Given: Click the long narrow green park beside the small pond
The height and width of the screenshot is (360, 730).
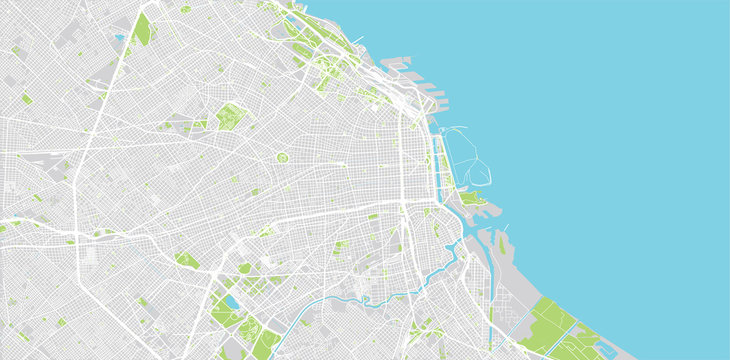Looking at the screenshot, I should coord(143,30).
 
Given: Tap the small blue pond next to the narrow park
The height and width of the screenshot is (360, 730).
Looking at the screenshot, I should coord(121,37).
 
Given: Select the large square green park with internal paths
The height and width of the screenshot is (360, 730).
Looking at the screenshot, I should coord(231,117).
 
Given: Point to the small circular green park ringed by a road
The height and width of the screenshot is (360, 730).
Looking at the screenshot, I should coord(282,157).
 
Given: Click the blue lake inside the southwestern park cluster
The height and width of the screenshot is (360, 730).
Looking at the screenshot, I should coord(230,301).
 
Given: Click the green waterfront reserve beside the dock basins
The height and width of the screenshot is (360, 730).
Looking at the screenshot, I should coord(470,198).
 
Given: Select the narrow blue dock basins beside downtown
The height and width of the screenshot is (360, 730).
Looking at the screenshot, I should coord(439,160).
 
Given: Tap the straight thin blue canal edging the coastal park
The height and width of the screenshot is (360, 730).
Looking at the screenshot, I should coord(521,319).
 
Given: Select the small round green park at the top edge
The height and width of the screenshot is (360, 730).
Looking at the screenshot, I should coord(186,9).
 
